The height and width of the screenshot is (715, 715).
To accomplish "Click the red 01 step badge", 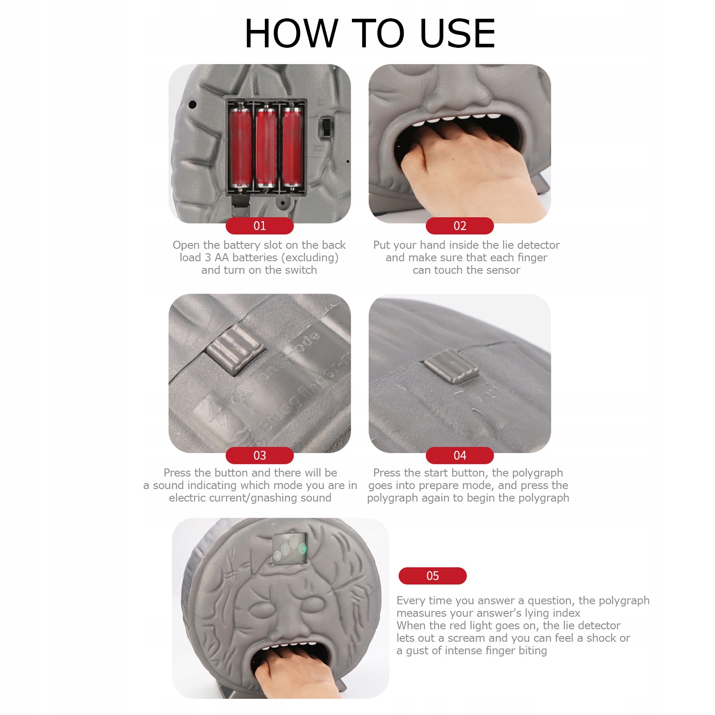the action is click(x=259, y=226).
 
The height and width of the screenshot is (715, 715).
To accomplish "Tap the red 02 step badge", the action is click(x=460, y=226).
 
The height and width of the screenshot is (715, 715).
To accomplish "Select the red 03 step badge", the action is click(x=259, y=455).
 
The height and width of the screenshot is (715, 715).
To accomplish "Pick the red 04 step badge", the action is click(x=460, y=455).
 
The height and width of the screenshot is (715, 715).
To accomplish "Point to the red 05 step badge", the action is click(x=432, y=576).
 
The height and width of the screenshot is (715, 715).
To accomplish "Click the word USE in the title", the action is click(x=458, y=33).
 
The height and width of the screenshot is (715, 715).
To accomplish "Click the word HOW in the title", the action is click(x=291, y=33).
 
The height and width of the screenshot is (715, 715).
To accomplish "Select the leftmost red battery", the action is click(x=240, y=146).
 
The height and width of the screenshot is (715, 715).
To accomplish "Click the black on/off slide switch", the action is click(x=326, y=127).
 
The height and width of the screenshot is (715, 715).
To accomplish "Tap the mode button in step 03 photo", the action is click(x=234, y=349).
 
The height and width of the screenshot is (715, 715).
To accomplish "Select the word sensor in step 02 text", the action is click(x=503, y=270).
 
